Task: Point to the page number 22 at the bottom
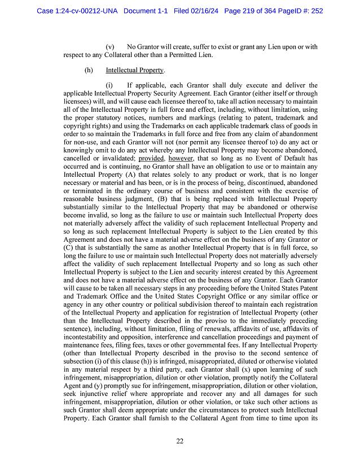click(179, 441)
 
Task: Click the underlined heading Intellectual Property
click(134, 70)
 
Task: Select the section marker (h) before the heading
click(88, 70)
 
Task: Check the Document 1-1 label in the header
click(147, 10)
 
